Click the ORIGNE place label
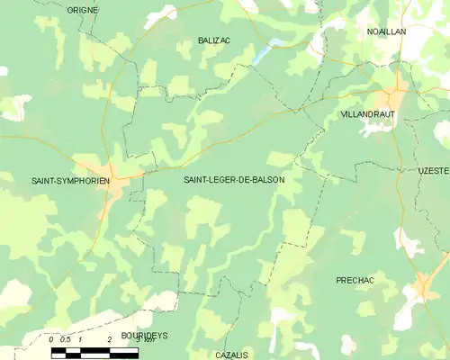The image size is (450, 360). click(x=83, y=10)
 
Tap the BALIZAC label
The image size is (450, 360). click(x=214, y=40)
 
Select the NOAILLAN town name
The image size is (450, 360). click(x=387, y=31)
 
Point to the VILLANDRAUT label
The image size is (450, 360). click(x=368, y=115)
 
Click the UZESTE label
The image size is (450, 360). click(x=433, y=170)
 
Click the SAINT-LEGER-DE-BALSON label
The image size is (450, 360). click(x=234, y=180)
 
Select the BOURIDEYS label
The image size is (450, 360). click(x=144, y=335)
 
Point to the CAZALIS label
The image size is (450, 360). click(x=231, y=355)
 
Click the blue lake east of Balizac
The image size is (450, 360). click(x=266, y=50)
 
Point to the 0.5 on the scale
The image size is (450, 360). click(x=65, y=339)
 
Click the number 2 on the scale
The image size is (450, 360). click(x=109, y=339)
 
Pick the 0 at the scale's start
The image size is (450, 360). click(x=51, y=339)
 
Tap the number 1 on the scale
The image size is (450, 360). click(x=80, y=339)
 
